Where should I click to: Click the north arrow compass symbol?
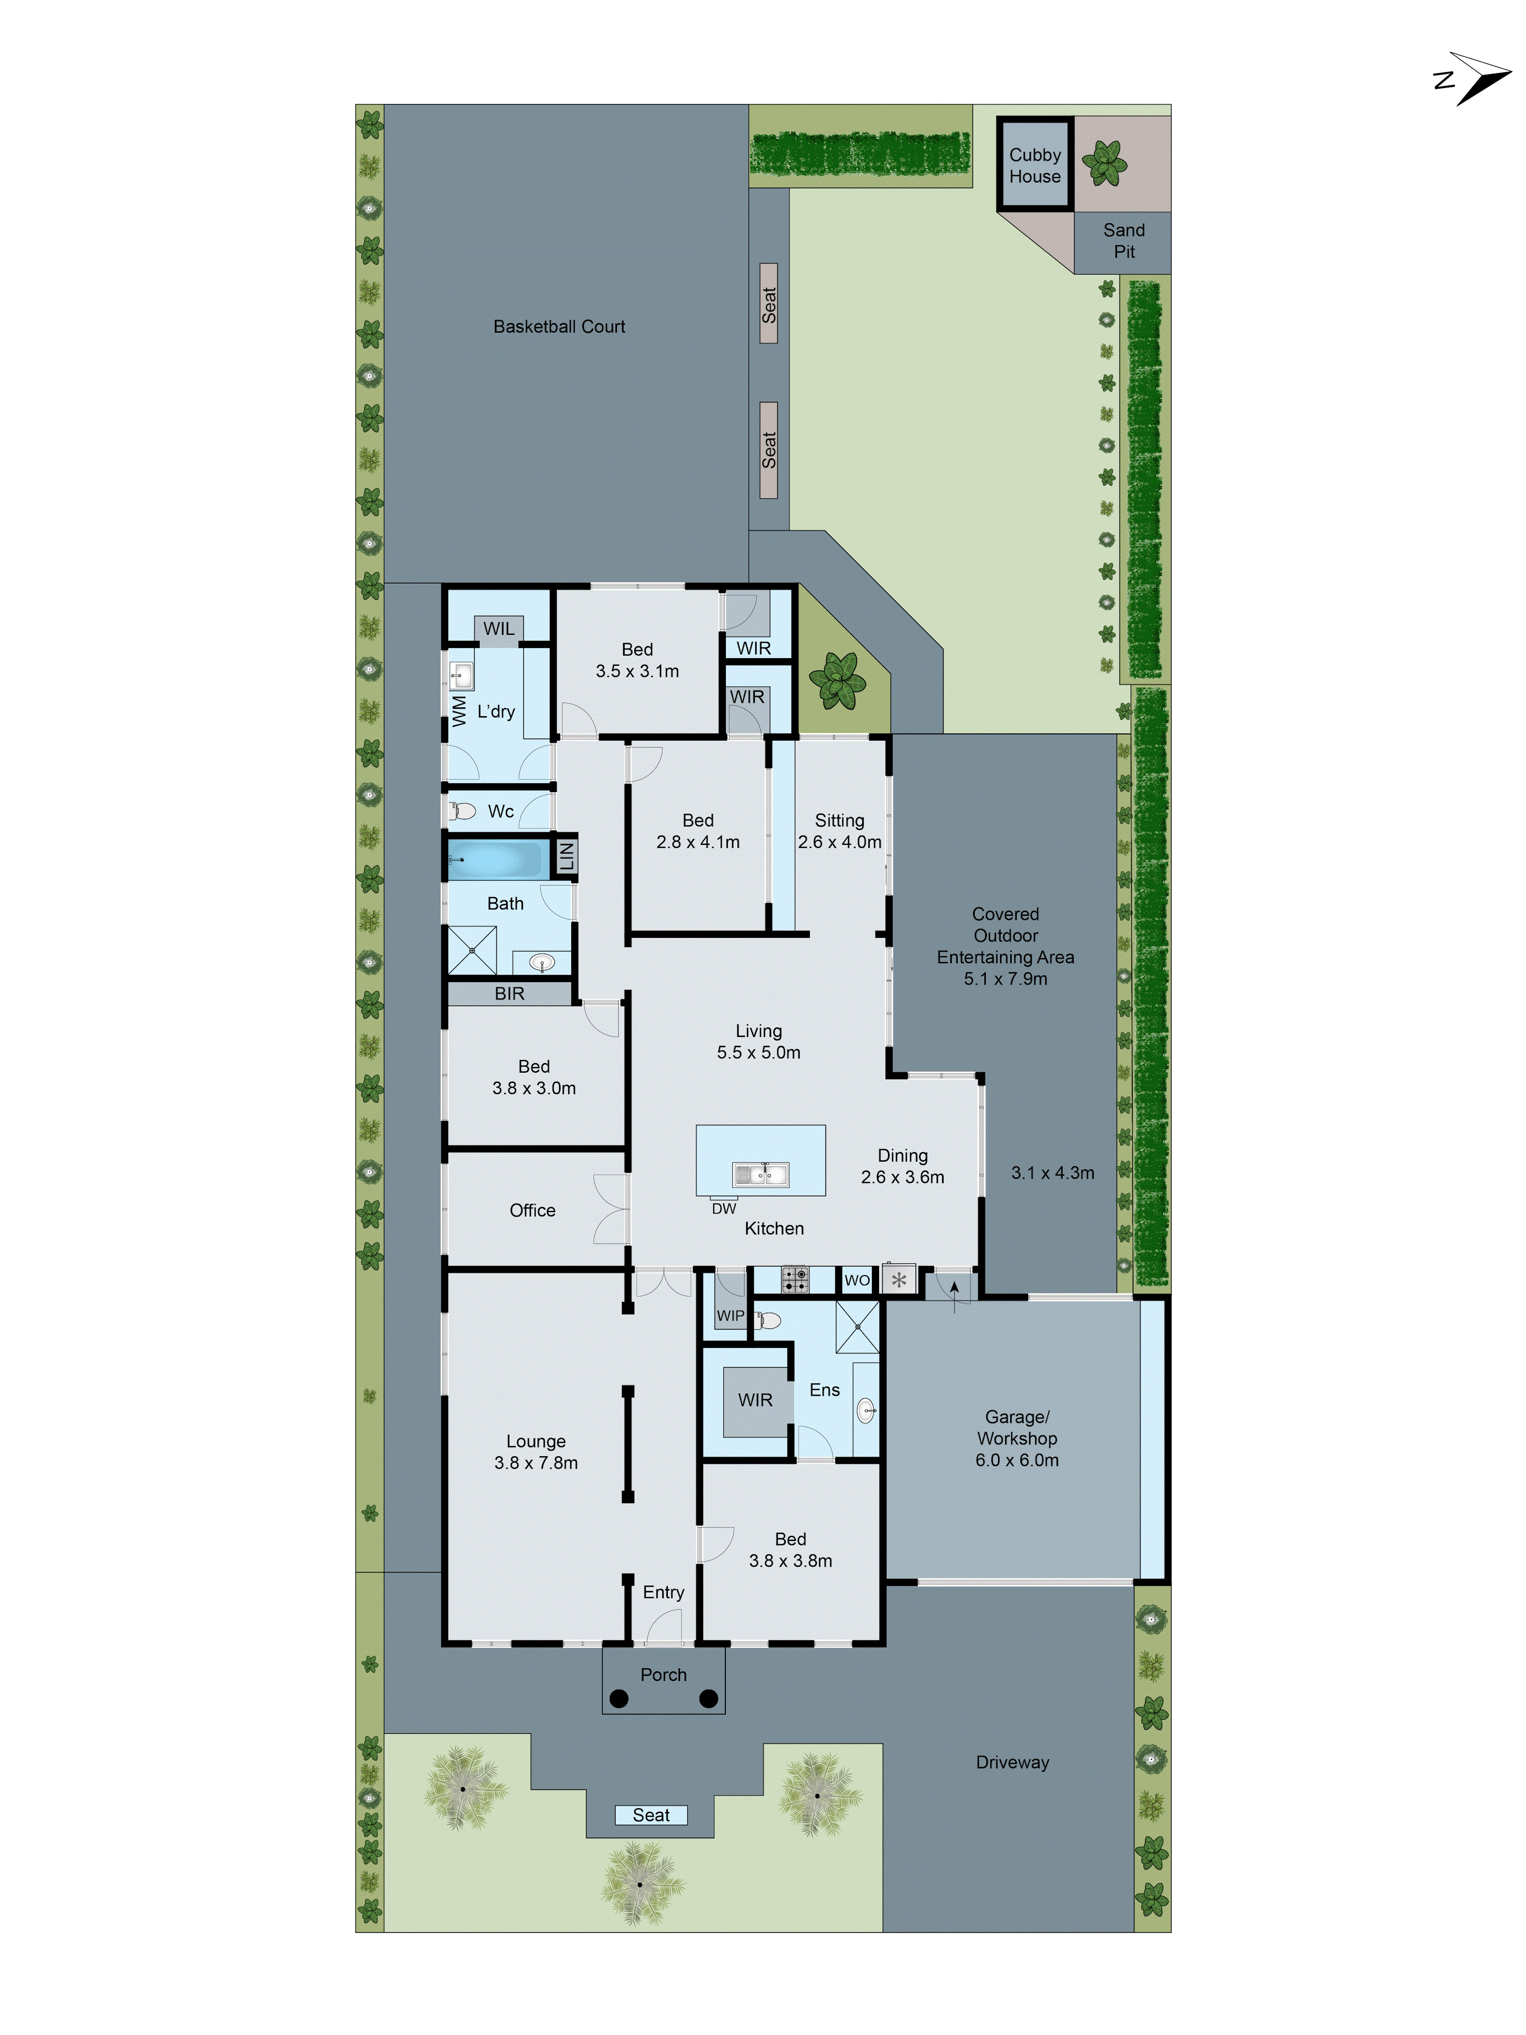click(1475, 78)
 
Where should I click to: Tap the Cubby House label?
click(1034, 166)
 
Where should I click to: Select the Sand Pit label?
click(1123, 240)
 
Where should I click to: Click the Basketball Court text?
click(559, 327)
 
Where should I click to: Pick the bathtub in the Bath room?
click(496, 859)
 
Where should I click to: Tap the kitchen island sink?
click(760, 1174)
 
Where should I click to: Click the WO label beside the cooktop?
click(857, 1280)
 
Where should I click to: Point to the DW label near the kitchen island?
click(724, 1208)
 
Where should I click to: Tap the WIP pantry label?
click(730, 1316)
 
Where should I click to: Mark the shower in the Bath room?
click(472, 950)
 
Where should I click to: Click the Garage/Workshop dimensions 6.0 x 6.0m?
click(1016, 1460)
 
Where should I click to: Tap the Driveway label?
click(1012, 1762)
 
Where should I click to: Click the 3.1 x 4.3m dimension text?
click(1052, 1172)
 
